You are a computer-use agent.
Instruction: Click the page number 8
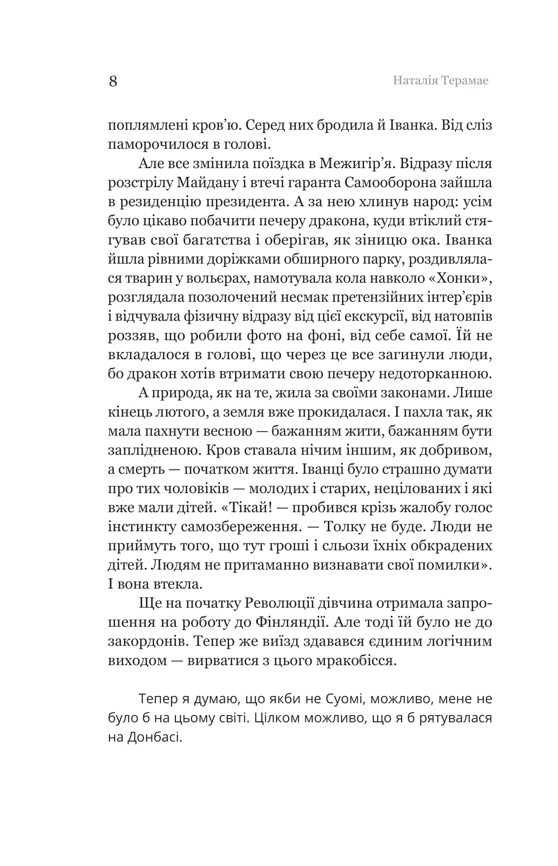[113, 81]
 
